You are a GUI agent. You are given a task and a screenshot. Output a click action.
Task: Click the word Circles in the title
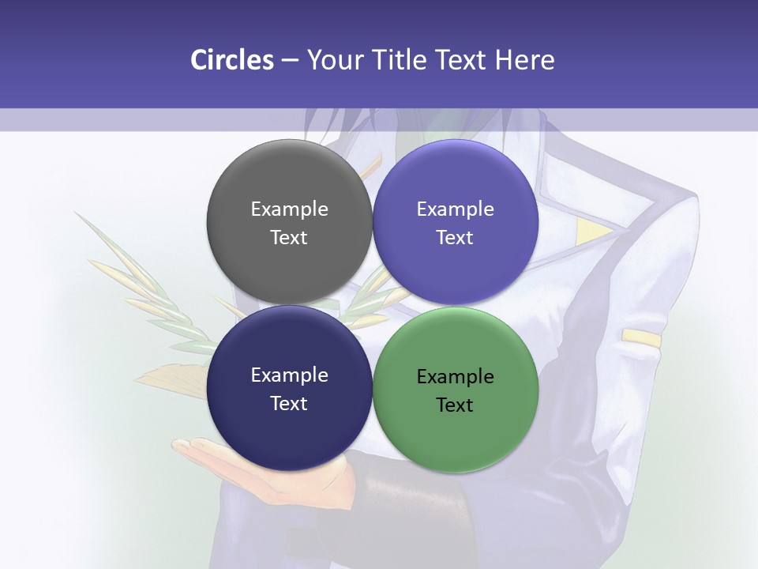[x=232, y=60]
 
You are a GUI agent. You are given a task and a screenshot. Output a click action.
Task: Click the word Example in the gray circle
[x=289, y=209]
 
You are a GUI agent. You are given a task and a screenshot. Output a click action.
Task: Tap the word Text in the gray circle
[x=289, y=237]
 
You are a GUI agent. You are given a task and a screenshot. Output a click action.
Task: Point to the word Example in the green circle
[x=455, y=376]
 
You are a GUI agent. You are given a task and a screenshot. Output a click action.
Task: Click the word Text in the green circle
[x=455, y=405]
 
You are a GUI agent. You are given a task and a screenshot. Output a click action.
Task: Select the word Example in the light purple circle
[x=455, y=209]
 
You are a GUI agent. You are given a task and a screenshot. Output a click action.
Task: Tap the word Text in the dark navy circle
[x=289, y=403]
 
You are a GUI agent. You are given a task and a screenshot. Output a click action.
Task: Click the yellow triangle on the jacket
[x=592, y=232]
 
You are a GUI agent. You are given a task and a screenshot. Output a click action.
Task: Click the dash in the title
[x=289, y=60]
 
